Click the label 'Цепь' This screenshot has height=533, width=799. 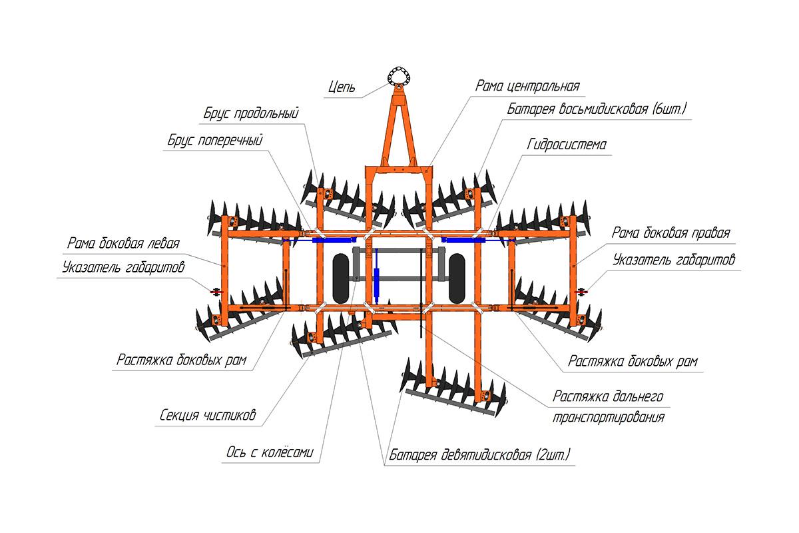[x=343, y=87]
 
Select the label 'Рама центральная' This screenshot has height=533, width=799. [x=527, y=86]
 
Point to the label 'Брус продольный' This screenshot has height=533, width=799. [x=251, y=113]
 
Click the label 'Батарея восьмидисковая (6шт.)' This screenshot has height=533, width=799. [x=596, y=108]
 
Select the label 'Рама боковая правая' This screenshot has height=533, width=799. [x=670, y=233]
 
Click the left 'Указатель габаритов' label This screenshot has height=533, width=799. [x=123, y=268]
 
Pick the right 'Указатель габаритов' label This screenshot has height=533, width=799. [x=674, y=259]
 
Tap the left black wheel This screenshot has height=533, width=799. [x=342, y=278]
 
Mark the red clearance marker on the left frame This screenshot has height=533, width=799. [x=215, y=292]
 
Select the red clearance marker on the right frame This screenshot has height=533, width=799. [x=583, y=291]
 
